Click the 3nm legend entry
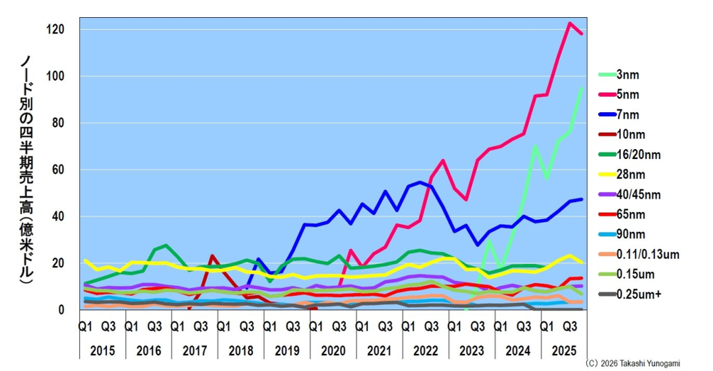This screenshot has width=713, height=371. pyautogui.click(x=627, y=74)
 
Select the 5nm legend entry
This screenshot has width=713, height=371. pyautogui.click(x=627, y=94)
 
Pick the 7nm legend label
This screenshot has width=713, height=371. pyautogui.click(x=627, y=114)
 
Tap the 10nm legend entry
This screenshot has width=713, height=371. pyautogui.click(x=630, y=134)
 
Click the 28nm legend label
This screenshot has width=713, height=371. pyautogui.click(x=630, y=173)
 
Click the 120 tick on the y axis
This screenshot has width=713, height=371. pyautogui.click(x=54, y=30)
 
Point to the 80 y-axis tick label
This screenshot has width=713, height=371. pyautogui.click(x=57, y=123)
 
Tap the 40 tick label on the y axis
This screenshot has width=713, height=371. pyautogui.click(x=57, y=217)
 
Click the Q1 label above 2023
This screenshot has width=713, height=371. pyautogui.click(x=453, y=327)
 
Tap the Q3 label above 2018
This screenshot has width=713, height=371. pyautogui.click(x=246, y=327)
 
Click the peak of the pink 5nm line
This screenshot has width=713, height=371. pyautogui.click(x=570, y=23)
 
